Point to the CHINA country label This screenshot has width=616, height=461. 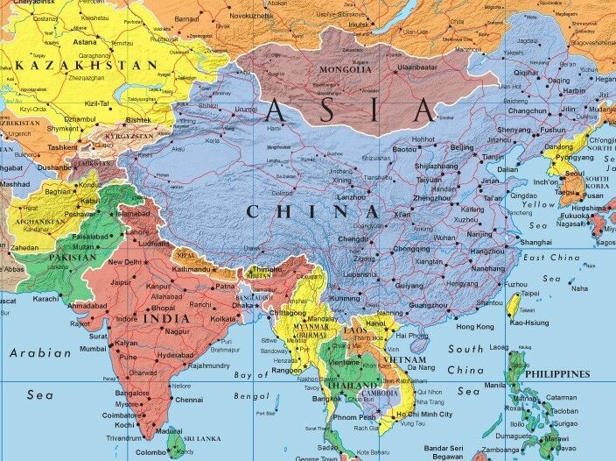(x=312, y=211)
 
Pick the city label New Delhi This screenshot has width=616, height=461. (x=125, y=262)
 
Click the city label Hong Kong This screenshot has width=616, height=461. (x=475, y=326)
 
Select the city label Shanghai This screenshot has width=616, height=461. (x=535, y=242)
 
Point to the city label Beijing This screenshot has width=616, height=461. (x=461, y=147)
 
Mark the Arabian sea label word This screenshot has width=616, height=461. (x=40, y=352)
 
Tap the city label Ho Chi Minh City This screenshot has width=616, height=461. (x=423, y=414)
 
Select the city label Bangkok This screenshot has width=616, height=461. (x=326, y=399)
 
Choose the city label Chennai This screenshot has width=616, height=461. (x=189, y=400)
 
